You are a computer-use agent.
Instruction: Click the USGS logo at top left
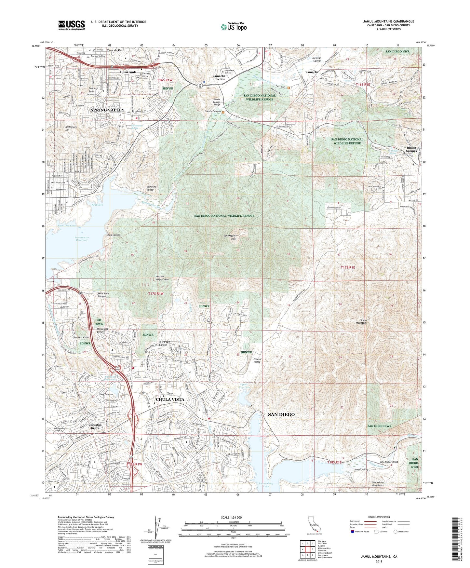[x=72, y=25]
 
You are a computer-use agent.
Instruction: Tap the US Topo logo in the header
[x=233, y=27]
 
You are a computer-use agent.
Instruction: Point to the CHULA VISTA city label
[x=170, y=399]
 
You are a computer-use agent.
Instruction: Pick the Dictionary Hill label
[x=71, y=128]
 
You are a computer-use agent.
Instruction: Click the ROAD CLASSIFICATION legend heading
[x=376, y=517]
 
